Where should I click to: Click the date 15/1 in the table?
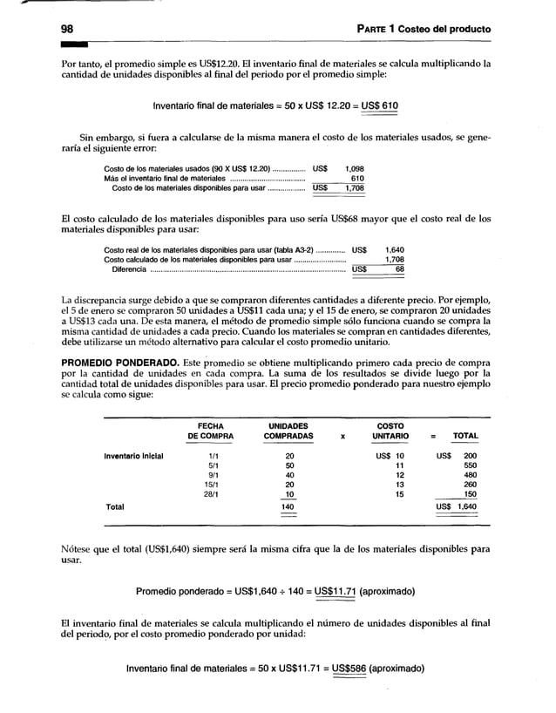(x=208, y=485)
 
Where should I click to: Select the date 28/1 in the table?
(x=208, y=494)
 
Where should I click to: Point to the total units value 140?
(x=288, y=506)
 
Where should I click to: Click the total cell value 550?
(x=469, y=465)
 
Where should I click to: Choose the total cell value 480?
(x=469, y=475)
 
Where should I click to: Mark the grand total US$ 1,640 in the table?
(x=456, y=506)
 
